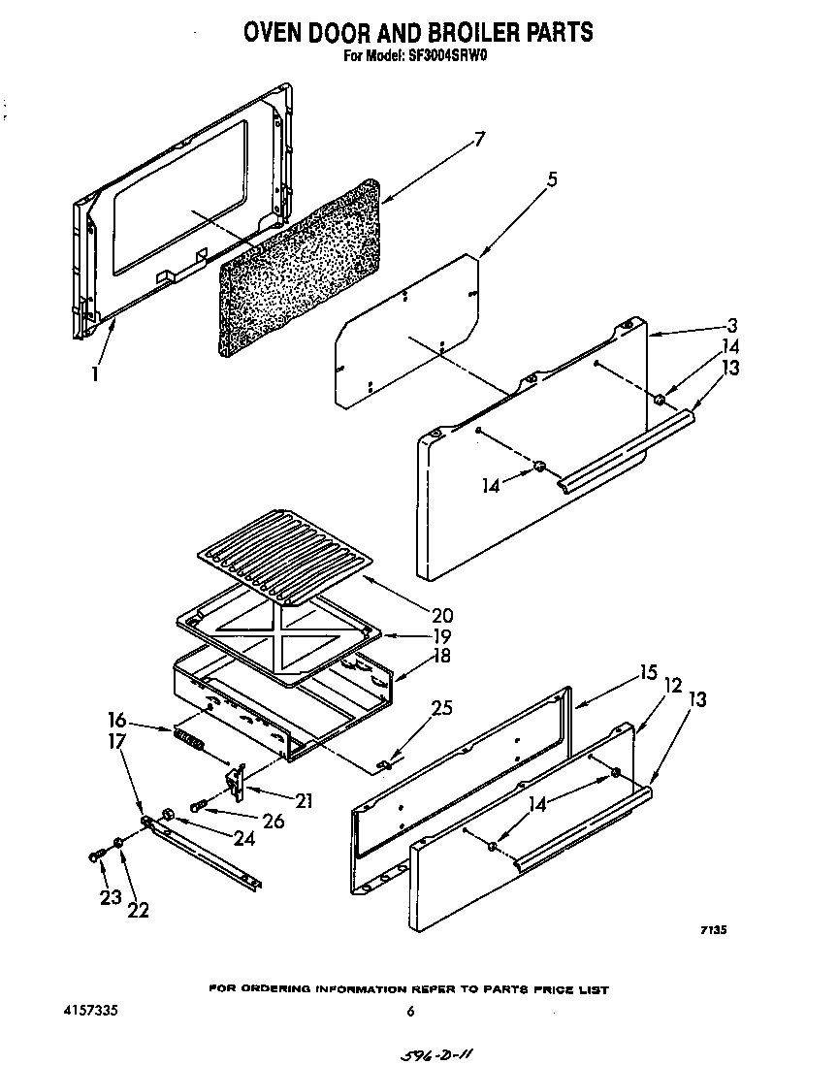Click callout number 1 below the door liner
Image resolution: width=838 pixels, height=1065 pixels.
95,371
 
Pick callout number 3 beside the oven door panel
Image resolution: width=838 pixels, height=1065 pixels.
734,326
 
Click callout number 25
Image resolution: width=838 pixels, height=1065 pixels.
442,708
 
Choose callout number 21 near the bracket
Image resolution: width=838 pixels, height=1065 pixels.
304,800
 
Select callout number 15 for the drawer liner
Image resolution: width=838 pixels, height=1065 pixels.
648,671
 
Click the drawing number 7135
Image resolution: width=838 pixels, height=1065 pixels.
713,930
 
